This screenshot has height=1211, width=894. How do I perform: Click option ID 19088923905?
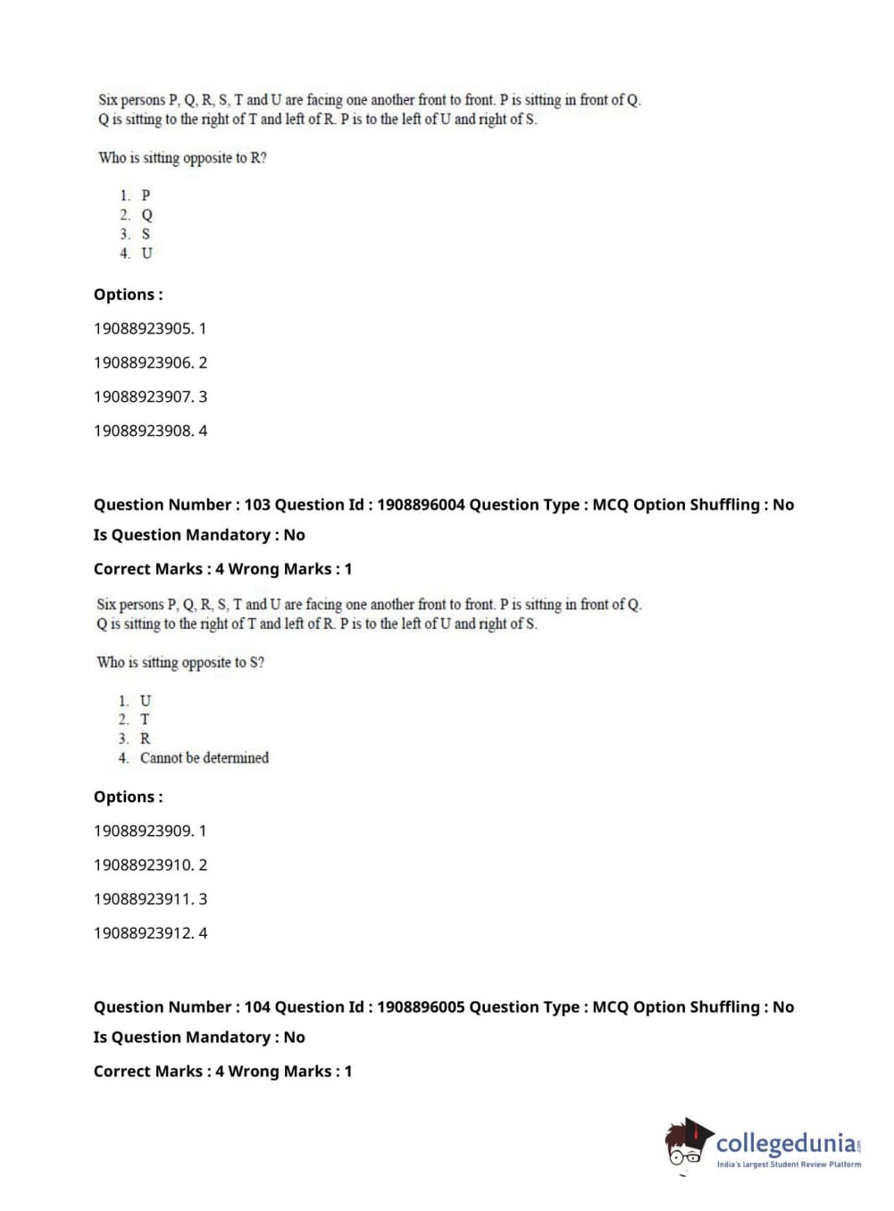[x=143, y=329]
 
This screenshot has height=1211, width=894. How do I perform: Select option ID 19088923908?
[x=143, y=430]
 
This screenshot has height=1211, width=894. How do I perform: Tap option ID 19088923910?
[x=143, y=864]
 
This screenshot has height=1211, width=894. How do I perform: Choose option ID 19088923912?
[x=143, y=932]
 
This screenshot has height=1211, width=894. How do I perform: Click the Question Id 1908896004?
[x=421, y=505]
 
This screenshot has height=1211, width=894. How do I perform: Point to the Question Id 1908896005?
[x=421, y=1006]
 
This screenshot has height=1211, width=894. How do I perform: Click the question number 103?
[x=257, y=505]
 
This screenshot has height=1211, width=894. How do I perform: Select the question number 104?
[x=257, y=1006]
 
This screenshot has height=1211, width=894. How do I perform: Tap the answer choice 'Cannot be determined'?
[x=204, y=758]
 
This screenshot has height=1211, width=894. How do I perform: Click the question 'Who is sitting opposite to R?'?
[x=182, y=158]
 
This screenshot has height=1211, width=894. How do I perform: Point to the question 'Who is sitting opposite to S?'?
[x=180, y=663]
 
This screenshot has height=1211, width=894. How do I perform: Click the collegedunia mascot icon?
[x=688, y=1144]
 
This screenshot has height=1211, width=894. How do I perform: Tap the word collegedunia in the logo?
[x=786, y=1143]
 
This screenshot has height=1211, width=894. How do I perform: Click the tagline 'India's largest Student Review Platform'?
[x=789, y=1165]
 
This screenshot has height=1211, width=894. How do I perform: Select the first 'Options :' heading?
[x=128, y=295]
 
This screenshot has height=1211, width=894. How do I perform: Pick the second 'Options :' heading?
[x=128, y=797]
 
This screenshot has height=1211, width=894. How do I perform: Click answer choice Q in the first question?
[x=146, y=215]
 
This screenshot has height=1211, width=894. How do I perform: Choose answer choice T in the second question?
[x=145, y=720]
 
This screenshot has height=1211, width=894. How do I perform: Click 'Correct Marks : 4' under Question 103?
[x=152, y=569]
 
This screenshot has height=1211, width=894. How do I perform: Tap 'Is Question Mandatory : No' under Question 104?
[x=199, y=1037]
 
